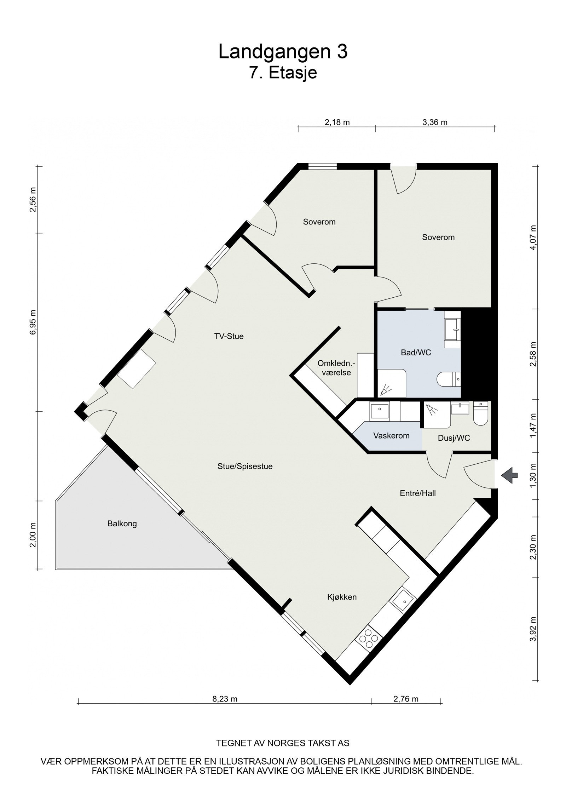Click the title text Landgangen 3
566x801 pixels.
283,52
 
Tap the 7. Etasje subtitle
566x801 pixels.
283,73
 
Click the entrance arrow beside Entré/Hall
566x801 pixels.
510,475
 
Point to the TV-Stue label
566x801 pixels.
229,336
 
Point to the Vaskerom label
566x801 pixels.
391,436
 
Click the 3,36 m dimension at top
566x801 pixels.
435,122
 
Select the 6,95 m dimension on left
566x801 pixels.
33,322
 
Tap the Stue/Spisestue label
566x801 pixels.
245,467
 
